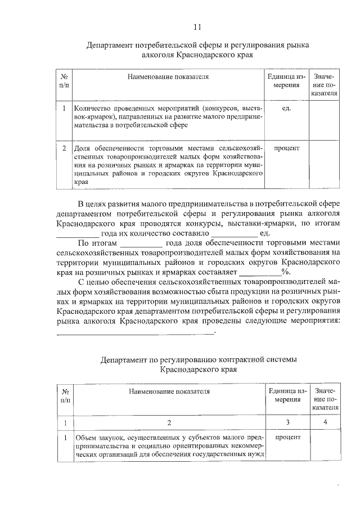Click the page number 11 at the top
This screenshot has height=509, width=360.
pyautogui.click(x=197, y=26)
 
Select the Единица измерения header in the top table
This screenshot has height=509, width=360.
pyautogui.click(x=286, y=80)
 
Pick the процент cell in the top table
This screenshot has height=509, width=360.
pyautogui.click(x=286, y=148)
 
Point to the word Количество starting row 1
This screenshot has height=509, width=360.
pyautogui.click(x=93, y=107)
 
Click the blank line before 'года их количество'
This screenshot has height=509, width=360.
pyautogui.click(x=77, y=233)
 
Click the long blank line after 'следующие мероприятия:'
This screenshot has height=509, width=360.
pyautogui.click(x=136, y=333)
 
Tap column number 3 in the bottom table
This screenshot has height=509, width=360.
pyautogui.click(x=287, y=422)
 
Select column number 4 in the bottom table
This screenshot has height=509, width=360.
pyautogui.click(x=325, y=422)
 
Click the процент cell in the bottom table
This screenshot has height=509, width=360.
pyautogui.click(x=287, y=437)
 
